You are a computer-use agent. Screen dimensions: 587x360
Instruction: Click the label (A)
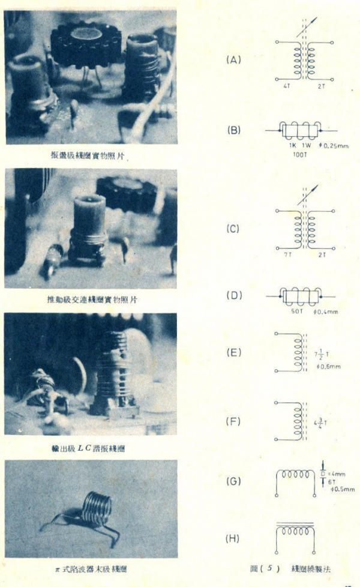point(233,60)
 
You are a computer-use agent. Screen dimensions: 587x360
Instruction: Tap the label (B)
point(233,130)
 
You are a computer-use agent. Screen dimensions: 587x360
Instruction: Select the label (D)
point(233,295)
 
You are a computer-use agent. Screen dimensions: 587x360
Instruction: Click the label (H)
point(233,538)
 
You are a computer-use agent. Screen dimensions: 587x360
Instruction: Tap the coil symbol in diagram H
point(295,532)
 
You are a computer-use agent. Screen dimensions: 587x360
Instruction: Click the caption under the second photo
point(91,299)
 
